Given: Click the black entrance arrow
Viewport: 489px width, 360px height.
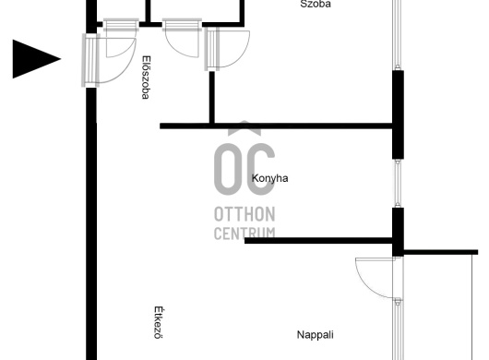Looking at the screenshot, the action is (34, 59).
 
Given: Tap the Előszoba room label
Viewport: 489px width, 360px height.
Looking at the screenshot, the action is (146, 78).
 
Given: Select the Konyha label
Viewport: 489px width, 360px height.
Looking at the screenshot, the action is (269, 178).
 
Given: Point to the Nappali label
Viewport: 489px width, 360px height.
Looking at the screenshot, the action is (315, 335).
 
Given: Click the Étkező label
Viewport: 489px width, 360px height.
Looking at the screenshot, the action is (159, 322).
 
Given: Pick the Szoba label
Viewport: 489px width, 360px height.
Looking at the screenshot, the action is (316, 4).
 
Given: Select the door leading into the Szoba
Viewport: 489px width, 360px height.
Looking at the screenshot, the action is (227, 49).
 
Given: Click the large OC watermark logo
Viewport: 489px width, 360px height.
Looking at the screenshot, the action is (244, 169).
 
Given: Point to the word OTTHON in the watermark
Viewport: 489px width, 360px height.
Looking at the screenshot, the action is (244, 214).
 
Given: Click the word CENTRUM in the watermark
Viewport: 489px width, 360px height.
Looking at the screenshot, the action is (244, 234).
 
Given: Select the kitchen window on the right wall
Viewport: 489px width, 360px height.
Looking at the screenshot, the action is (398, 183).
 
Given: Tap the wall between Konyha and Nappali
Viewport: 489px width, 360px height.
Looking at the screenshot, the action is (318, 241).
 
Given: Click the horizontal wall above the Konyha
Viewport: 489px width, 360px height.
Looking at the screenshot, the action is (276, 126).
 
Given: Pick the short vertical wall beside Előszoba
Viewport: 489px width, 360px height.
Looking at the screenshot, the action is (212, 97).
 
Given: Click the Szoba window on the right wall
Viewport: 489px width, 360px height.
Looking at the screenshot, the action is (397, 34).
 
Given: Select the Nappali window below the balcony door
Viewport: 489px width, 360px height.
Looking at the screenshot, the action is (398, 330).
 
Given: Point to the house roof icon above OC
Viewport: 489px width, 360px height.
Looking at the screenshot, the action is (244, 128).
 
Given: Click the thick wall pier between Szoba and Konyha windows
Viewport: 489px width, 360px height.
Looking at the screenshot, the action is (398, 114).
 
